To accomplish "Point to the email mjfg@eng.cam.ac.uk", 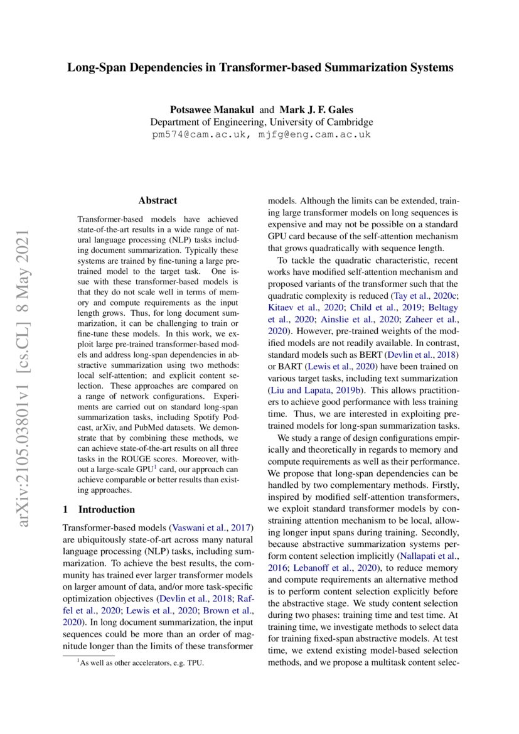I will pyautogui.click(x=314, y=134).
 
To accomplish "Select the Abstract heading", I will pyautogui.click(x=158, y=201).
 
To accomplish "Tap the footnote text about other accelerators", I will pyautogui.click(x=141, y=663).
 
